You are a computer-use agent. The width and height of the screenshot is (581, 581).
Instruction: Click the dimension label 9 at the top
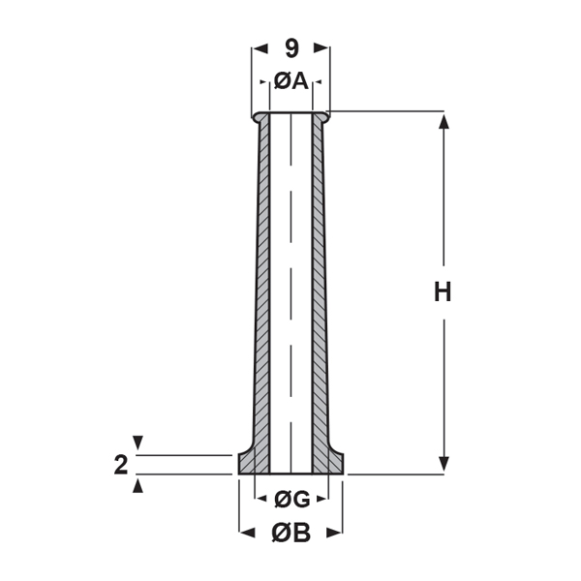click(290, 46)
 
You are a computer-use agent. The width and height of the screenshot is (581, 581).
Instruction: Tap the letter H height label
click(443, 292)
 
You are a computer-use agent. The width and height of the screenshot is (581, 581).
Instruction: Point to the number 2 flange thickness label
click(120, 465)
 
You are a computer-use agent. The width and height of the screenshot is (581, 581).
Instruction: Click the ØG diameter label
click(290, 500)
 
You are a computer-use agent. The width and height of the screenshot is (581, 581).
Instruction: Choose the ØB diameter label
click(290, 532)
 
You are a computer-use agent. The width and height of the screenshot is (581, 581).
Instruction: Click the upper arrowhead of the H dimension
click(443, 120)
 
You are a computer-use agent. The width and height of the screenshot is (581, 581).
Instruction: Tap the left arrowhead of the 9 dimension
click(259, 46)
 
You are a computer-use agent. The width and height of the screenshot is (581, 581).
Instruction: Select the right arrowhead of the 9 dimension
click(322, 46)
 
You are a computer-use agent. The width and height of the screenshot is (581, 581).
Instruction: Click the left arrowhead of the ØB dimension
click(246, 532)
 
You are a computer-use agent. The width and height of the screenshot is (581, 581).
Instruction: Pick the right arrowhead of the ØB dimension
click(336, 532)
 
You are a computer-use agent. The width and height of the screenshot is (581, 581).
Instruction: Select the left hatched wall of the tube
click(261, 290)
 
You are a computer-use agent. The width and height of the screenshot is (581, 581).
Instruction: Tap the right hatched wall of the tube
click(321, 290)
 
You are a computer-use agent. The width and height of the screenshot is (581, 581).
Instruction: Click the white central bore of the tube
click(290, 290)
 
